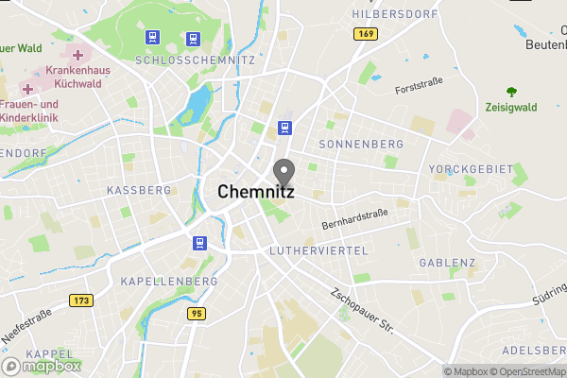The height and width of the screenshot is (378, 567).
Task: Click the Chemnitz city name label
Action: coord(256,191)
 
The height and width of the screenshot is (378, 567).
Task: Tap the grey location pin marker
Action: coord(283,173)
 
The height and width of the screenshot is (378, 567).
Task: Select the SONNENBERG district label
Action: coord(361,144)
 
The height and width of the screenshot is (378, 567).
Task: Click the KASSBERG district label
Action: coord(139,190)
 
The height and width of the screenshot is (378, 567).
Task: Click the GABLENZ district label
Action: coord(447,263)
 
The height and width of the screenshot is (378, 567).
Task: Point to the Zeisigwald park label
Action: coord(511,108)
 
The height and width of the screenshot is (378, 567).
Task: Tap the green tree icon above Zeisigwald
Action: coord(511,92)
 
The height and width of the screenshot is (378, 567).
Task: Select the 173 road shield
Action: coord(81,301)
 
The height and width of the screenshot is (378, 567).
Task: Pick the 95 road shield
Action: coord(197,313)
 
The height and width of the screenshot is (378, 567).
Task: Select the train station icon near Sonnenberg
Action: coord(284,128)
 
